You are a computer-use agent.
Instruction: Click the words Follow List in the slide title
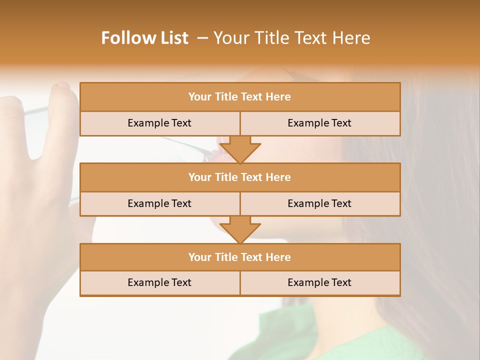(x=144, y=38)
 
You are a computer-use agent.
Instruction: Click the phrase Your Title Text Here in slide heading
(x=292, y=38)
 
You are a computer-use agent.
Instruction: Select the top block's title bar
(x=239, y=97)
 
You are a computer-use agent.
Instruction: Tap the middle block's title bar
(x=239, y=177)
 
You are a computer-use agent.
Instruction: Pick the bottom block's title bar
(x=239, y=257)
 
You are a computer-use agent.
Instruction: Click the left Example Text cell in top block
(x=159, y=123)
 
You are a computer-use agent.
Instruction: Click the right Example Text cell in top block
(x=319, y=123)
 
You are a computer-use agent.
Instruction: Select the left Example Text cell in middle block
(x=159, y=204)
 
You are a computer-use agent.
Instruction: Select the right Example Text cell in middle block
(x=319, y=204)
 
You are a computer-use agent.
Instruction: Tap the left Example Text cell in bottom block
(x=159, y=283)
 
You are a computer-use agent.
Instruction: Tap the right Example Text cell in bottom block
(x=319, y=283)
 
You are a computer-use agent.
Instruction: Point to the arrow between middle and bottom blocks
(x=240, y=229)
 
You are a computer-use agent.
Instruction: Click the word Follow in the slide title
(x=126, y=38)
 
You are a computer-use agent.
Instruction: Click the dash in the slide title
(x=202, y=38)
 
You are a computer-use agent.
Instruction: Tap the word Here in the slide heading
(x=353, y=38)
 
